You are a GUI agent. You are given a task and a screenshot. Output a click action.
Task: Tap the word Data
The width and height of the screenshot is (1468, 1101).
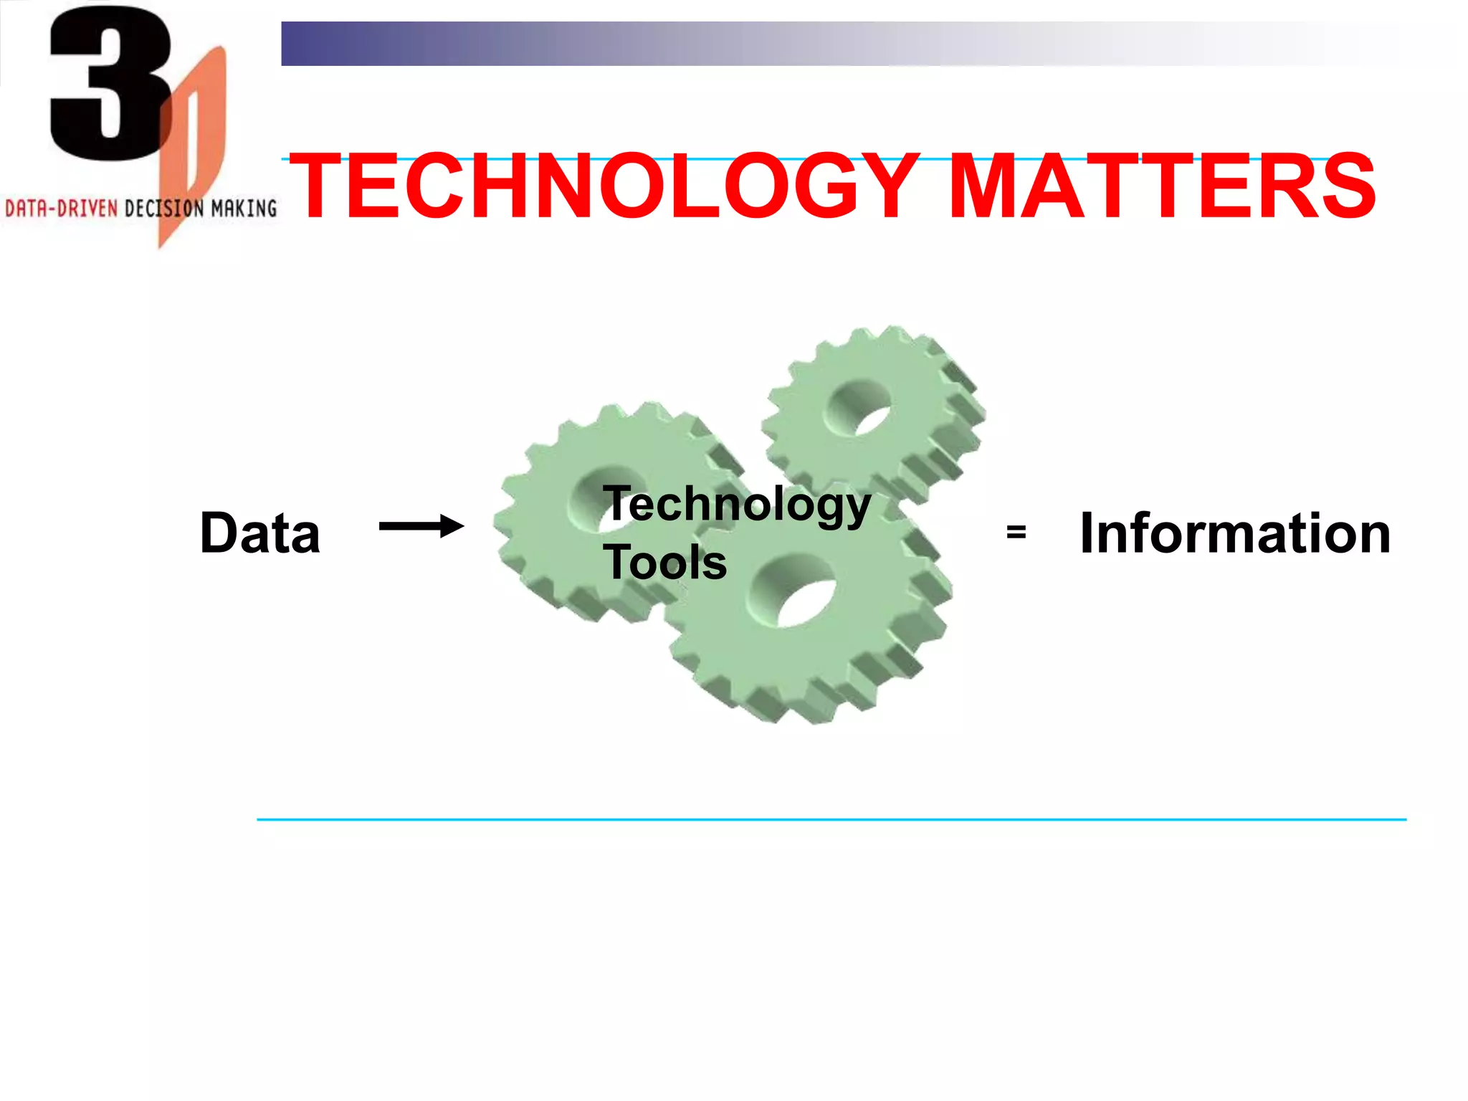pyautogui.click(x=259, y=533)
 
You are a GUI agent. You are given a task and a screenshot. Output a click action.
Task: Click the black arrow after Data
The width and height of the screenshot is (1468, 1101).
pyautogui.click(x=421, y=527)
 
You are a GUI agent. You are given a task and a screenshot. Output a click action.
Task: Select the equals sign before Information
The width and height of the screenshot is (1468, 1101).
pyautogui.click(x=1016, y=532)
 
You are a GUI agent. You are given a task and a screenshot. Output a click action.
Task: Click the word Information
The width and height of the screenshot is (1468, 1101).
pyautogui.click(x=1234, y=533)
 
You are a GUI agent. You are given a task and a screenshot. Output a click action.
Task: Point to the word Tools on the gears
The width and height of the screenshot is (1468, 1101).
pyautogui.click(x=665, y=562)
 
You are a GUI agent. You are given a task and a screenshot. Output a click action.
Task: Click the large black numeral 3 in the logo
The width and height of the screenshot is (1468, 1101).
pyautogui.click(x=108, y=82)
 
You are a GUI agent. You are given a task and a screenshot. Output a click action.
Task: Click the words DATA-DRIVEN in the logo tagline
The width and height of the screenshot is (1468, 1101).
pyautogui.click(x=61, y=209)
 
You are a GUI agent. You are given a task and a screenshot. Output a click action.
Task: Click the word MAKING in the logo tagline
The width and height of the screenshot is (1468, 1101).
pyautogui.click(x=244, y=209)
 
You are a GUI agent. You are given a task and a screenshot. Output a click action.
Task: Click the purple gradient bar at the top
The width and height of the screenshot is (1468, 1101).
pyautogui.click(x=645, y=44)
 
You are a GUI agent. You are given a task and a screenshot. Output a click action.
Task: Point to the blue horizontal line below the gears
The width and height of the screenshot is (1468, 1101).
pyautogui.click(x=831, y=819)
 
